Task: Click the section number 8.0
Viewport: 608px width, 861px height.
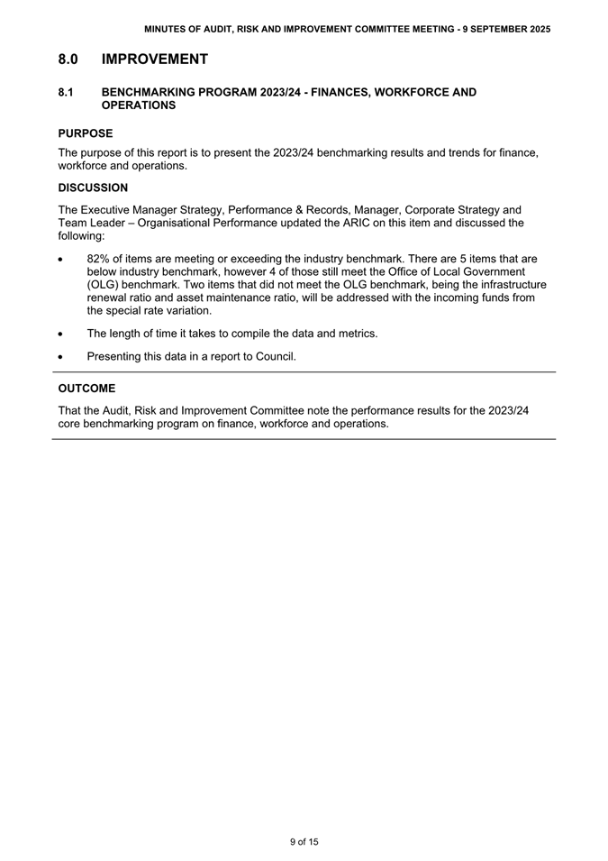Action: (68, 60)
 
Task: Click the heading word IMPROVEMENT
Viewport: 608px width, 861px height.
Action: (155, 60)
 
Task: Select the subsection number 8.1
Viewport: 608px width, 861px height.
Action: (65, 92)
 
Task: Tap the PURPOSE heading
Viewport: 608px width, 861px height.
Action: (86, 133)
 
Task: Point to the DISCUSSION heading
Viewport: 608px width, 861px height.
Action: (93, 188)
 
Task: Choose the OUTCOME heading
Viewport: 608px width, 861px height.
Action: (86, 389)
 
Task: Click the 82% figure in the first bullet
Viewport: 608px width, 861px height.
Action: (99, 259)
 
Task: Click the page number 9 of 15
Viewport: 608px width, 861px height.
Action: (304, 842)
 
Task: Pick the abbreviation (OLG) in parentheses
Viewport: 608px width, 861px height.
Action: (103, 284)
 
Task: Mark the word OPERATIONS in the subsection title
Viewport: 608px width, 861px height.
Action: (139, 105)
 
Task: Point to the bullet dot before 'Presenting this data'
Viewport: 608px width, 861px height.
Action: (59, 357)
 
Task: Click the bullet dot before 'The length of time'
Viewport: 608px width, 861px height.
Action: (59, 334)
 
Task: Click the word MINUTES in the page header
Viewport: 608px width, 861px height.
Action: (167, 30)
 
